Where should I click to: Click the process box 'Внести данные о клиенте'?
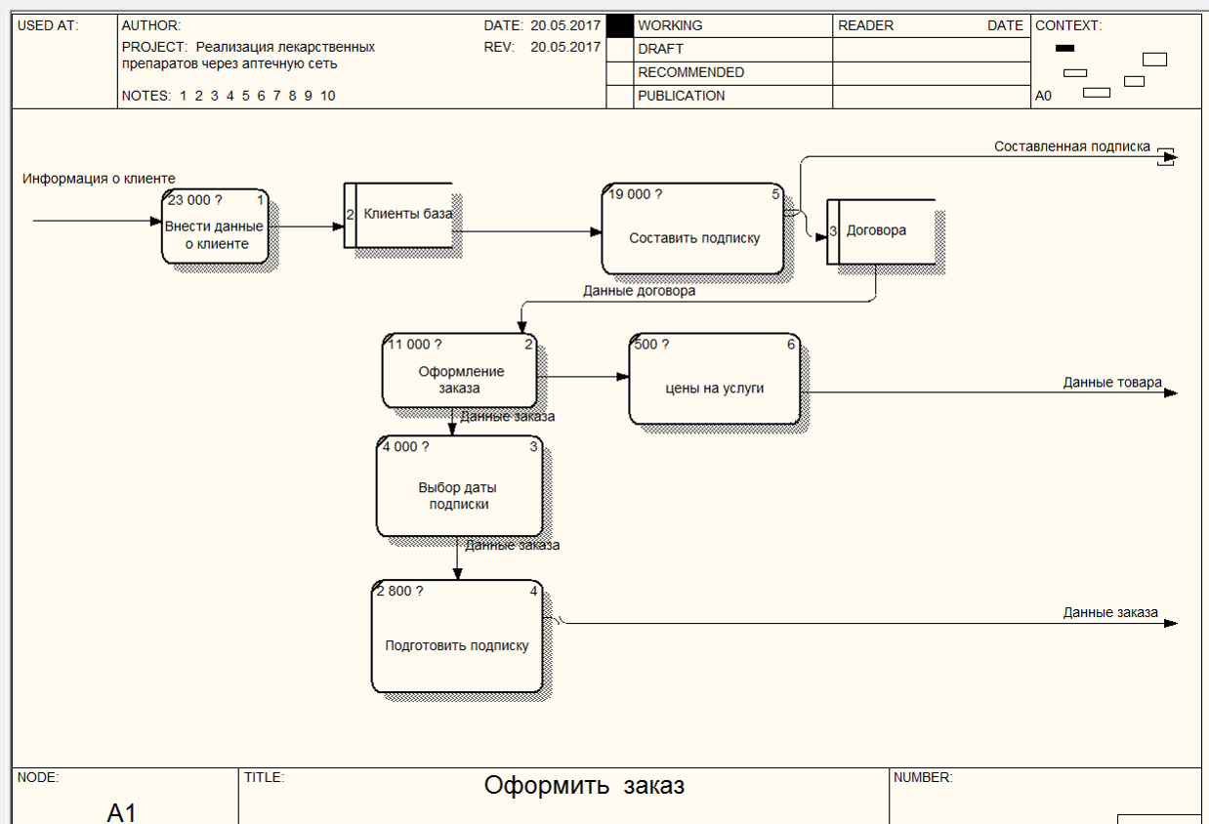(x=215, y=227)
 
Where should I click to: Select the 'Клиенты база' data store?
(x=398, y=216)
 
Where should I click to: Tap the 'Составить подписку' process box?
(x=693, y=228)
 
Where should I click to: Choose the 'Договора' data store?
(x=881, y=232)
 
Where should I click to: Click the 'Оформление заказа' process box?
(x=459, y=370)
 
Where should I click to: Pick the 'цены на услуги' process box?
(x=715, y=379)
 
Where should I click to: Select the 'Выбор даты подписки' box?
(x=459, y=486)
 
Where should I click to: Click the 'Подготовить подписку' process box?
(x=457, y=637)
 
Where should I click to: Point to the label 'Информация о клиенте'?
(x=99, y=179)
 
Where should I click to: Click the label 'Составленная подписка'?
(x=1072, y=146)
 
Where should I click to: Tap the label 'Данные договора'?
(x=639, y=291)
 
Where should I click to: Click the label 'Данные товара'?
(x=1112, y=383)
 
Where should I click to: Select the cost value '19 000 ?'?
(x=636, y=194)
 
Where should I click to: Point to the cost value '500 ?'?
(x=651, y=345)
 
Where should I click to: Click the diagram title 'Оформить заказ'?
(x=584, y=786)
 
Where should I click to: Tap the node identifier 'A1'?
(x=121, y=812)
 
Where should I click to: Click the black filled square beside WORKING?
(x=619, y=26)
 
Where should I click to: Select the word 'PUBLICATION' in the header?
(x=681, y=96)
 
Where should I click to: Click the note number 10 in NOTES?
(x=327, y=96)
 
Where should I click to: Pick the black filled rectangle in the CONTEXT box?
(x=1064, y=48)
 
